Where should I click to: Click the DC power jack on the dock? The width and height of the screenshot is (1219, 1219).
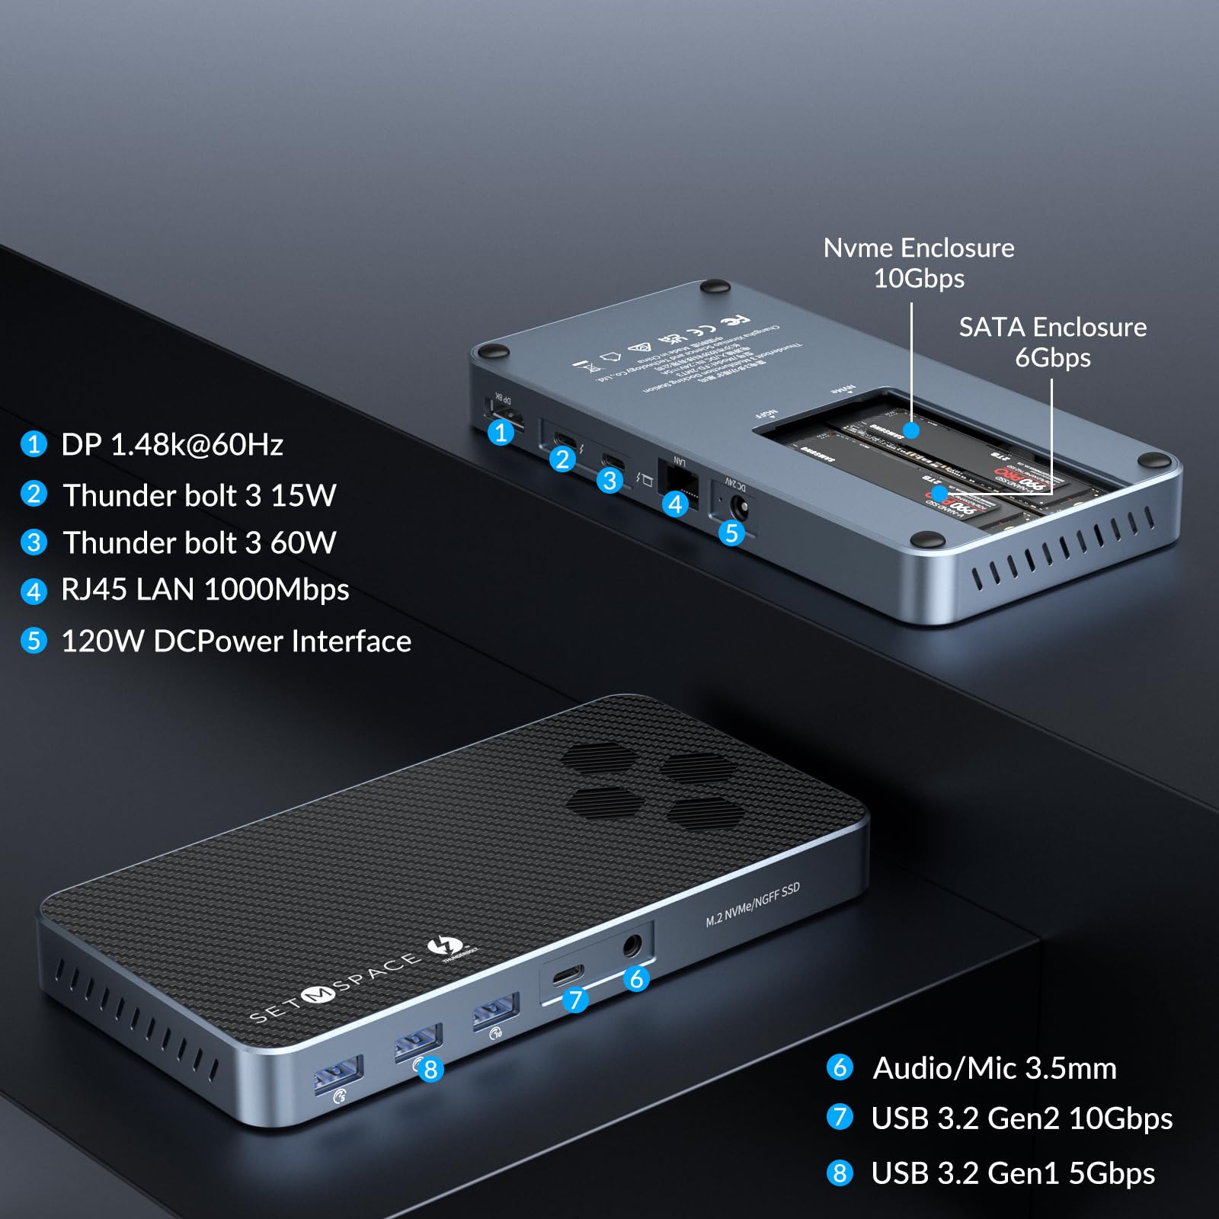click(737, 507)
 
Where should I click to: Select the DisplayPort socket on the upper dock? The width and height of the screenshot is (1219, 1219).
click(505, 418)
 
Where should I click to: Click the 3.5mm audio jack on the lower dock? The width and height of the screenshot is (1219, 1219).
click(632, 947)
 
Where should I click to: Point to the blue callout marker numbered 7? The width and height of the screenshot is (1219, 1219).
click(575, 1000)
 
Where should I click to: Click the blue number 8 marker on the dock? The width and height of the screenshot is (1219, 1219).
click(430, 1069)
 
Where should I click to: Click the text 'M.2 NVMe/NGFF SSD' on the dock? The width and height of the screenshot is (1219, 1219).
click(752, 904)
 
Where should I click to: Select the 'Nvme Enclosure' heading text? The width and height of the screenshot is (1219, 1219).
click(919, 248)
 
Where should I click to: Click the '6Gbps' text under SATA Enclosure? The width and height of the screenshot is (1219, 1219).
click(1052, 357)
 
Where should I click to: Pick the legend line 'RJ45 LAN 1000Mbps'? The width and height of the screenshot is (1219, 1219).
click(205, 590)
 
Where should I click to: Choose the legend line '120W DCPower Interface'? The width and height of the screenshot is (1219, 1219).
click(236, 641)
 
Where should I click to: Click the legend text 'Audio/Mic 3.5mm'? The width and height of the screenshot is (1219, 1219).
click(994, 1068)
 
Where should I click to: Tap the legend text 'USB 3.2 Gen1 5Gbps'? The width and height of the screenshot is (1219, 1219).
click(1013, 1173)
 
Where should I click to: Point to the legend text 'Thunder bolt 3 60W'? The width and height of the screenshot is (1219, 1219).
click(200, 542)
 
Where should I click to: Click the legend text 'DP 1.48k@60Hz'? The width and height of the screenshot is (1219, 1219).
click(172, 445)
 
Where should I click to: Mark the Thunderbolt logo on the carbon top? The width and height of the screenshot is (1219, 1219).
click(442, 947)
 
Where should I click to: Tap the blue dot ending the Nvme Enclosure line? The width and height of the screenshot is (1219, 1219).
click(911, 430)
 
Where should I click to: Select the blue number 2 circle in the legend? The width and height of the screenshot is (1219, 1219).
click(34, 494)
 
